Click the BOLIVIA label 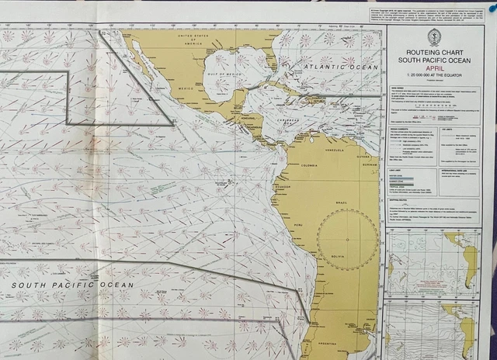click(x=339, y=255)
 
